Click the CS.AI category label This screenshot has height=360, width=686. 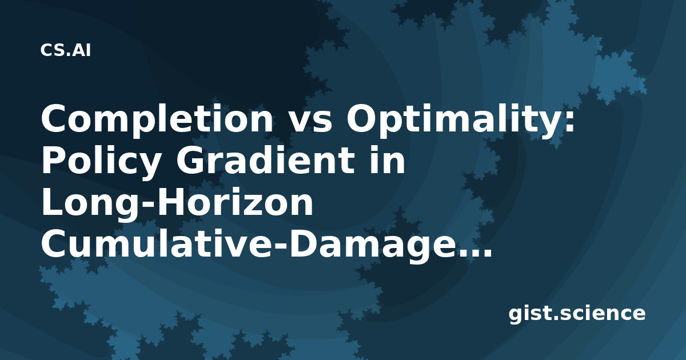(66, 50)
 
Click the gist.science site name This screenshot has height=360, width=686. (577, 314)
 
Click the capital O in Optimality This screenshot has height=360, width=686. (362, 118)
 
